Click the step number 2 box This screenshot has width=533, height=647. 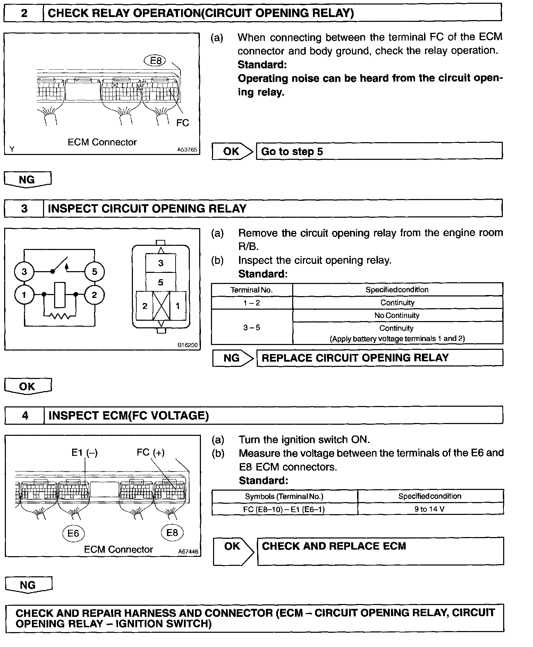pyautogui.click(x=24, y=13)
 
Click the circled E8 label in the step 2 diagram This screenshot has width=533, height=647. pyautogui.click(x=155, y=61)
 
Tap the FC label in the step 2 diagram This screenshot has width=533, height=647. pyautogui.click(x=183, y=123)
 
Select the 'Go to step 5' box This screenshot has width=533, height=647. pyautogui.click(x=379, y=151)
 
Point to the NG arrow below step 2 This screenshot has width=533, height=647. pyautogui.click(x=27, y=180)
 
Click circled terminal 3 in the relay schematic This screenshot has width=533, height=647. pyautogui.click(x=24, y=271)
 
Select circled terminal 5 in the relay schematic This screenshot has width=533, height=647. pyautogui.click(x=94, y=271)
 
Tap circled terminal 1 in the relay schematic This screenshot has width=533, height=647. pyautogui.click(x=24, y=295)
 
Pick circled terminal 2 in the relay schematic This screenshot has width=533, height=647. pyautogui.click(x=94, y=295)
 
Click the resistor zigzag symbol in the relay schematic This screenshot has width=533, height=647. pyautogui.click(x=60, y=316)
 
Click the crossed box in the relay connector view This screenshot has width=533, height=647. pyautogui.click(x=161, y=305)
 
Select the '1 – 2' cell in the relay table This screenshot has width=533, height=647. pyautogui.click(x=252, y=303)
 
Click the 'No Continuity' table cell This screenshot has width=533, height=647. pyautogui.click(x=397, y=316)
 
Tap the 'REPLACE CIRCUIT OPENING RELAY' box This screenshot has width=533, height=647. pyautogui.click(x=380, y=358)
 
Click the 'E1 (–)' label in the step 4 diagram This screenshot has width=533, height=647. pyautogui.click(x=84, y=452)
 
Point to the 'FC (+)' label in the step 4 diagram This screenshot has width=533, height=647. pyautogui.click(x=151, y=452)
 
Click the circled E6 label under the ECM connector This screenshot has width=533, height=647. pyautogui.click(x=73, y=533)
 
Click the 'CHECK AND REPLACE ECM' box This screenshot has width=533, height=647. pyautogui.click(x=380, y=551)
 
